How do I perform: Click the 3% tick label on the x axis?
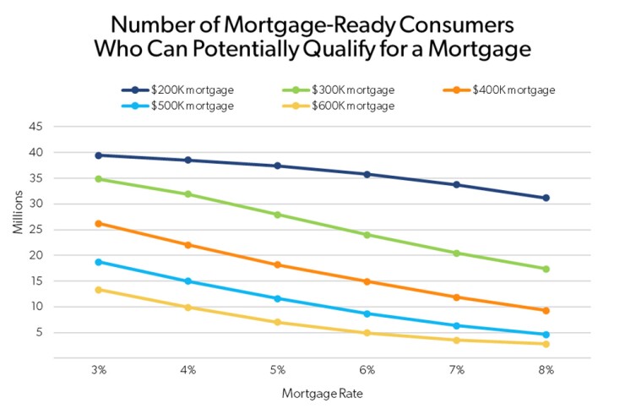[99, 369]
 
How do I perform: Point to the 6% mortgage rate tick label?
[367, 369]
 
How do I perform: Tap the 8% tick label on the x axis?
[546, 369]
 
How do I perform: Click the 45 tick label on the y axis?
[35, 128]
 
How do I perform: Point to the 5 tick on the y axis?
[39, 332]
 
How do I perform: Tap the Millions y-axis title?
[16, 230]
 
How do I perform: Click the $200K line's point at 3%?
[99, 155]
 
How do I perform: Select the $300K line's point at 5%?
[278, 215]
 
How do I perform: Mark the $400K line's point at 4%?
[188, 245]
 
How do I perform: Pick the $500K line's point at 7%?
[457, 325]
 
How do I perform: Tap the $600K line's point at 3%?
[99, 290]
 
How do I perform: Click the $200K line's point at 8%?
[546, 198]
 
